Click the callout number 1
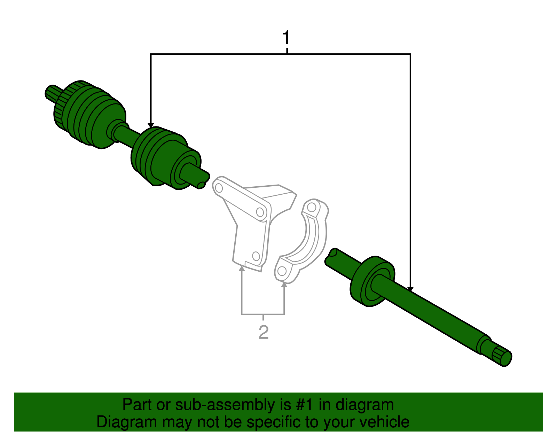(x=286, y=38)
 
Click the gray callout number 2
(x=264, y=332)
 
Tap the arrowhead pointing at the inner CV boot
(x=151, y=125)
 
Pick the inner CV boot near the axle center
(x=157, y=157)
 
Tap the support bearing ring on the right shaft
(x=371, y=282)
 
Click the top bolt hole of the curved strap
(x=312, y=208)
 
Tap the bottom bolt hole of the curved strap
(x=282, y=271)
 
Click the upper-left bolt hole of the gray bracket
(x=219, y=188)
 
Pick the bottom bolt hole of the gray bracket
(x=256, y=256)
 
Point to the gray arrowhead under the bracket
(x=242, y=268)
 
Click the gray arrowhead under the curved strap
(x=284, y=285)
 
